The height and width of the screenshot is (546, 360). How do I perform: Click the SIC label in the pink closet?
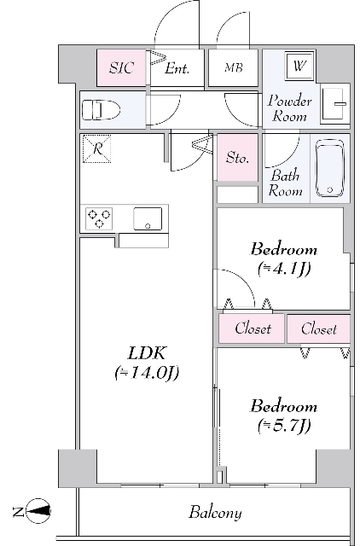point(121,67)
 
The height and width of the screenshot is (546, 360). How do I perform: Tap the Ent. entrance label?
point(177,68)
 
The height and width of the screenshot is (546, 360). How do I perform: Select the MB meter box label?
point(233,67)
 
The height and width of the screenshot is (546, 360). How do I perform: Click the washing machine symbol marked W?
point(299,65)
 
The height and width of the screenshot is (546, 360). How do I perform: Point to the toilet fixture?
point(101,110)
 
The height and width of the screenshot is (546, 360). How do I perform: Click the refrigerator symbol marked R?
point(96,149)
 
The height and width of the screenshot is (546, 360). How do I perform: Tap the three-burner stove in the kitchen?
point(99,218)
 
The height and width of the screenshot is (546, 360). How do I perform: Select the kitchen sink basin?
point(148,218)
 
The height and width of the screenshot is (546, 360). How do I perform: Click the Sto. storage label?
point(237,158)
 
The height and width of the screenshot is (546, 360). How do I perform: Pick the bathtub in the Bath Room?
point(329,169)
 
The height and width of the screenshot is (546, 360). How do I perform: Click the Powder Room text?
point(289,108)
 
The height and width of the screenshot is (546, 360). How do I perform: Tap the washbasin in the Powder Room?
point(335,104)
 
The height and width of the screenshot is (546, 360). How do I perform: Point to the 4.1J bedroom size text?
point(284,269)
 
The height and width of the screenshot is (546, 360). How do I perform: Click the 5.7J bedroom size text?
point(284,426)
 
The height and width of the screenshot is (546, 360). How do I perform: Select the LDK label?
point(146,353)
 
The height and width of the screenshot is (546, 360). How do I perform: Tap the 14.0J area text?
point(147,373)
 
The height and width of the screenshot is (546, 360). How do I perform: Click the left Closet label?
point(253,328)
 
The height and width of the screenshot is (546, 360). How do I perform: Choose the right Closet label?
point(319,329)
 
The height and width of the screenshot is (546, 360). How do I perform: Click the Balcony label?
point(215,513)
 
